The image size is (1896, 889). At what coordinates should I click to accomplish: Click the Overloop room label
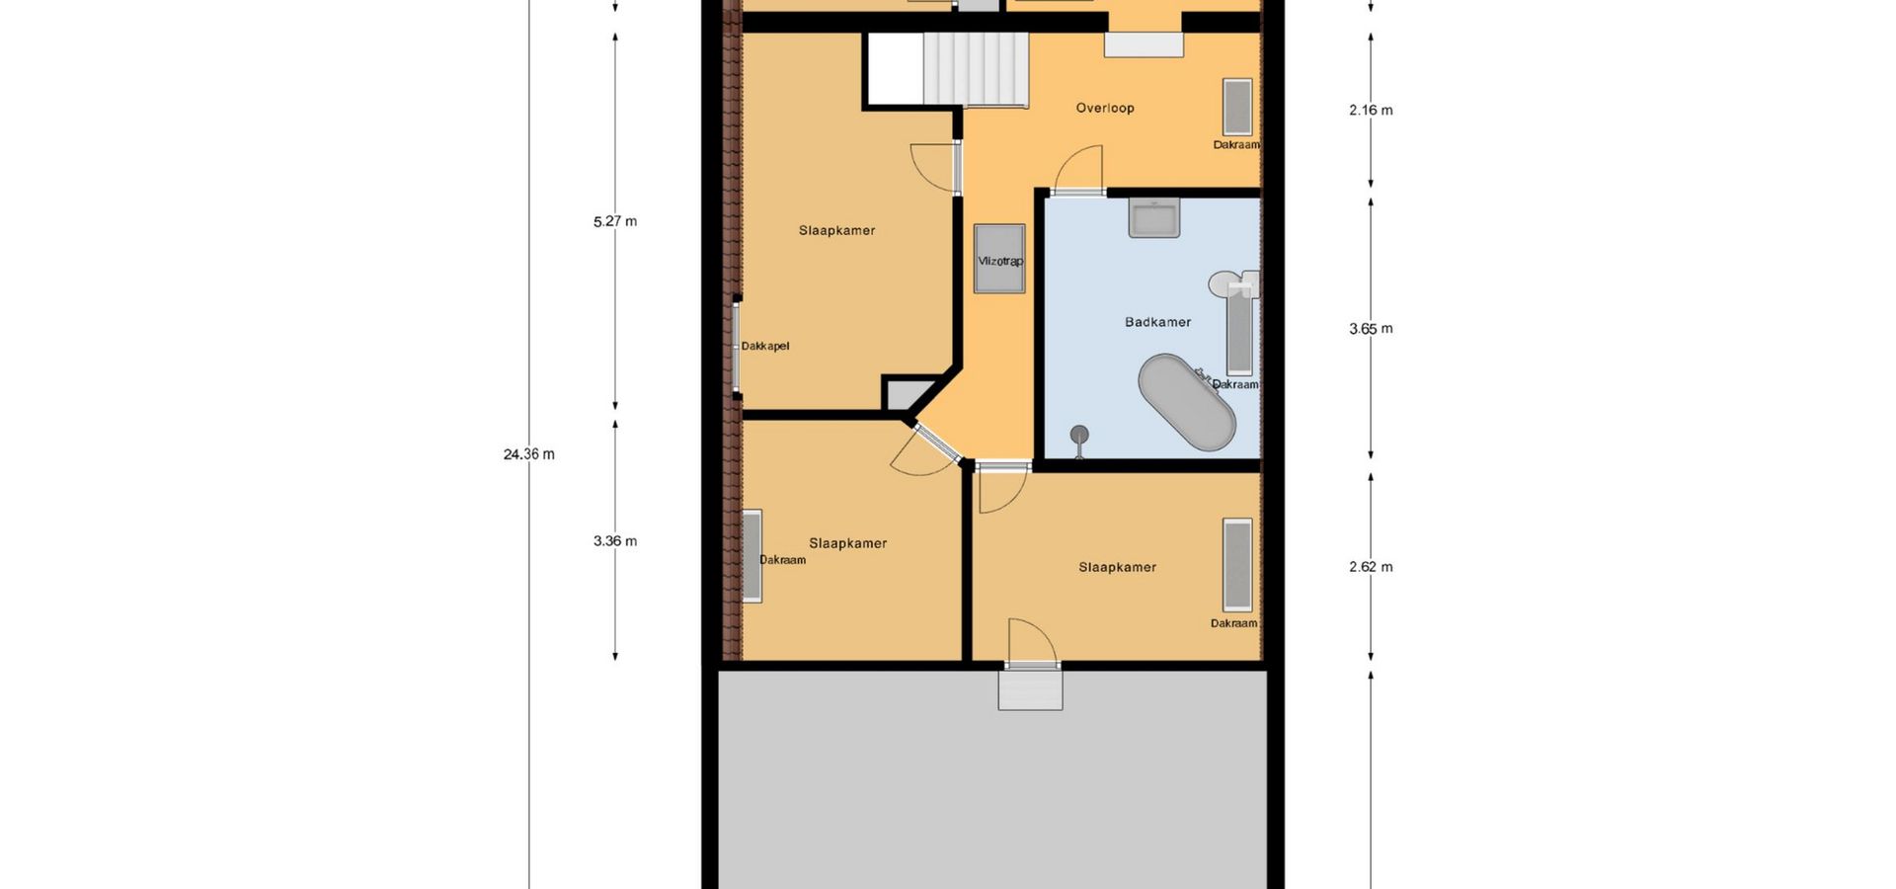tap(1105, 108)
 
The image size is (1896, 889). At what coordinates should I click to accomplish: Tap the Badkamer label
tap(1157, 322)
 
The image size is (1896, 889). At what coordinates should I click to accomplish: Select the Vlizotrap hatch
tap(999, 259)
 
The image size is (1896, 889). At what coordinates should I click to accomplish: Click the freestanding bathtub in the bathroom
tap(1186, 402)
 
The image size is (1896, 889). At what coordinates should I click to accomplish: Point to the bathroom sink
tap(1154, 218)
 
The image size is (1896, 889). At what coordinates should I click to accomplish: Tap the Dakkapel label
tap(765, 346)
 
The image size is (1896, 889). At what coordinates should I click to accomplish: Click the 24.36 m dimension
tap(529, 454)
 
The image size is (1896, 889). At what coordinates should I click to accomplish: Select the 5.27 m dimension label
tap(615, 221)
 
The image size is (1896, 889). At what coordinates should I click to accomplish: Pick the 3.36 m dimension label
tap(615, 541)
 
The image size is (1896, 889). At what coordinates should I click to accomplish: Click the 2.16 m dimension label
tap(1371, 110)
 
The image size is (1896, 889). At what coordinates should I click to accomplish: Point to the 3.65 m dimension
tap(1371, 329)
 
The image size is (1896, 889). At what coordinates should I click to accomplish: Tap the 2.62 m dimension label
tap(1371, 567)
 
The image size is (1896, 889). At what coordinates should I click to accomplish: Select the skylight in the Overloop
tap(1237, 107)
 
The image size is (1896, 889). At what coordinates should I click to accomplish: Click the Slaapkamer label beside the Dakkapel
tap(837, 230)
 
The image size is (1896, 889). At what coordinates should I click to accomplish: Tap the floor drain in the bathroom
tap(1079, 435)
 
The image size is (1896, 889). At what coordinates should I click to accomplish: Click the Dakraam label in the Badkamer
tap(1235, 384)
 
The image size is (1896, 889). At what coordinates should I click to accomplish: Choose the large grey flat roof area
tap(992, 780)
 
